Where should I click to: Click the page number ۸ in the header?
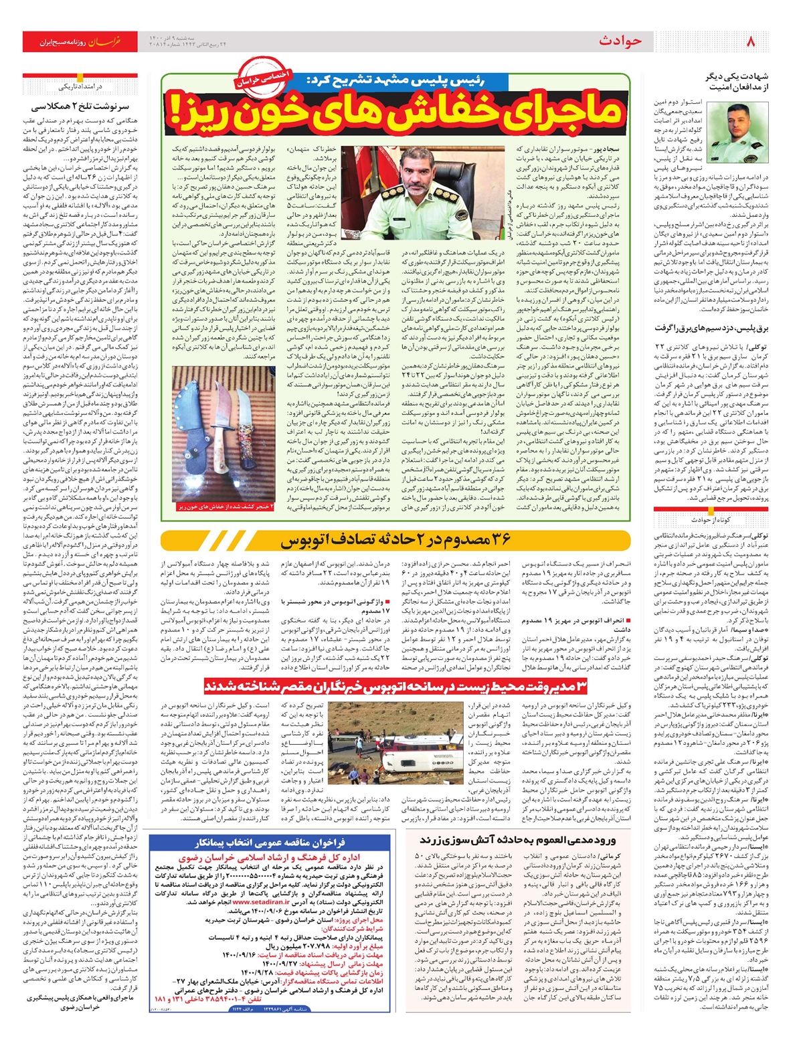tap(750, 41)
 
